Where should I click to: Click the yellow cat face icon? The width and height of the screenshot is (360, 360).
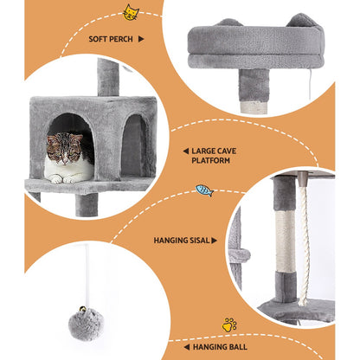[131, 12]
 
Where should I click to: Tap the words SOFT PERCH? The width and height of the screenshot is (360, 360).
[109, 39]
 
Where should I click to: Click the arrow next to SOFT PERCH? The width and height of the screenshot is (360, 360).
[141, 39]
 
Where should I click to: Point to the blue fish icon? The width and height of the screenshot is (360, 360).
[203, 190]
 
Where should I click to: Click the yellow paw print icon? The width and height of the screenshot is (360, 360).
[228, 325]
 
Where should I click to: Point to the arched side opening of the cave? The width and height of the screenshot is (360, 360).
[134, 145]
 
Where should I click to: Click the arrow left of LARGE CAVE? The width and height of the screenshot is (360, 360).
[185, 151]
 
